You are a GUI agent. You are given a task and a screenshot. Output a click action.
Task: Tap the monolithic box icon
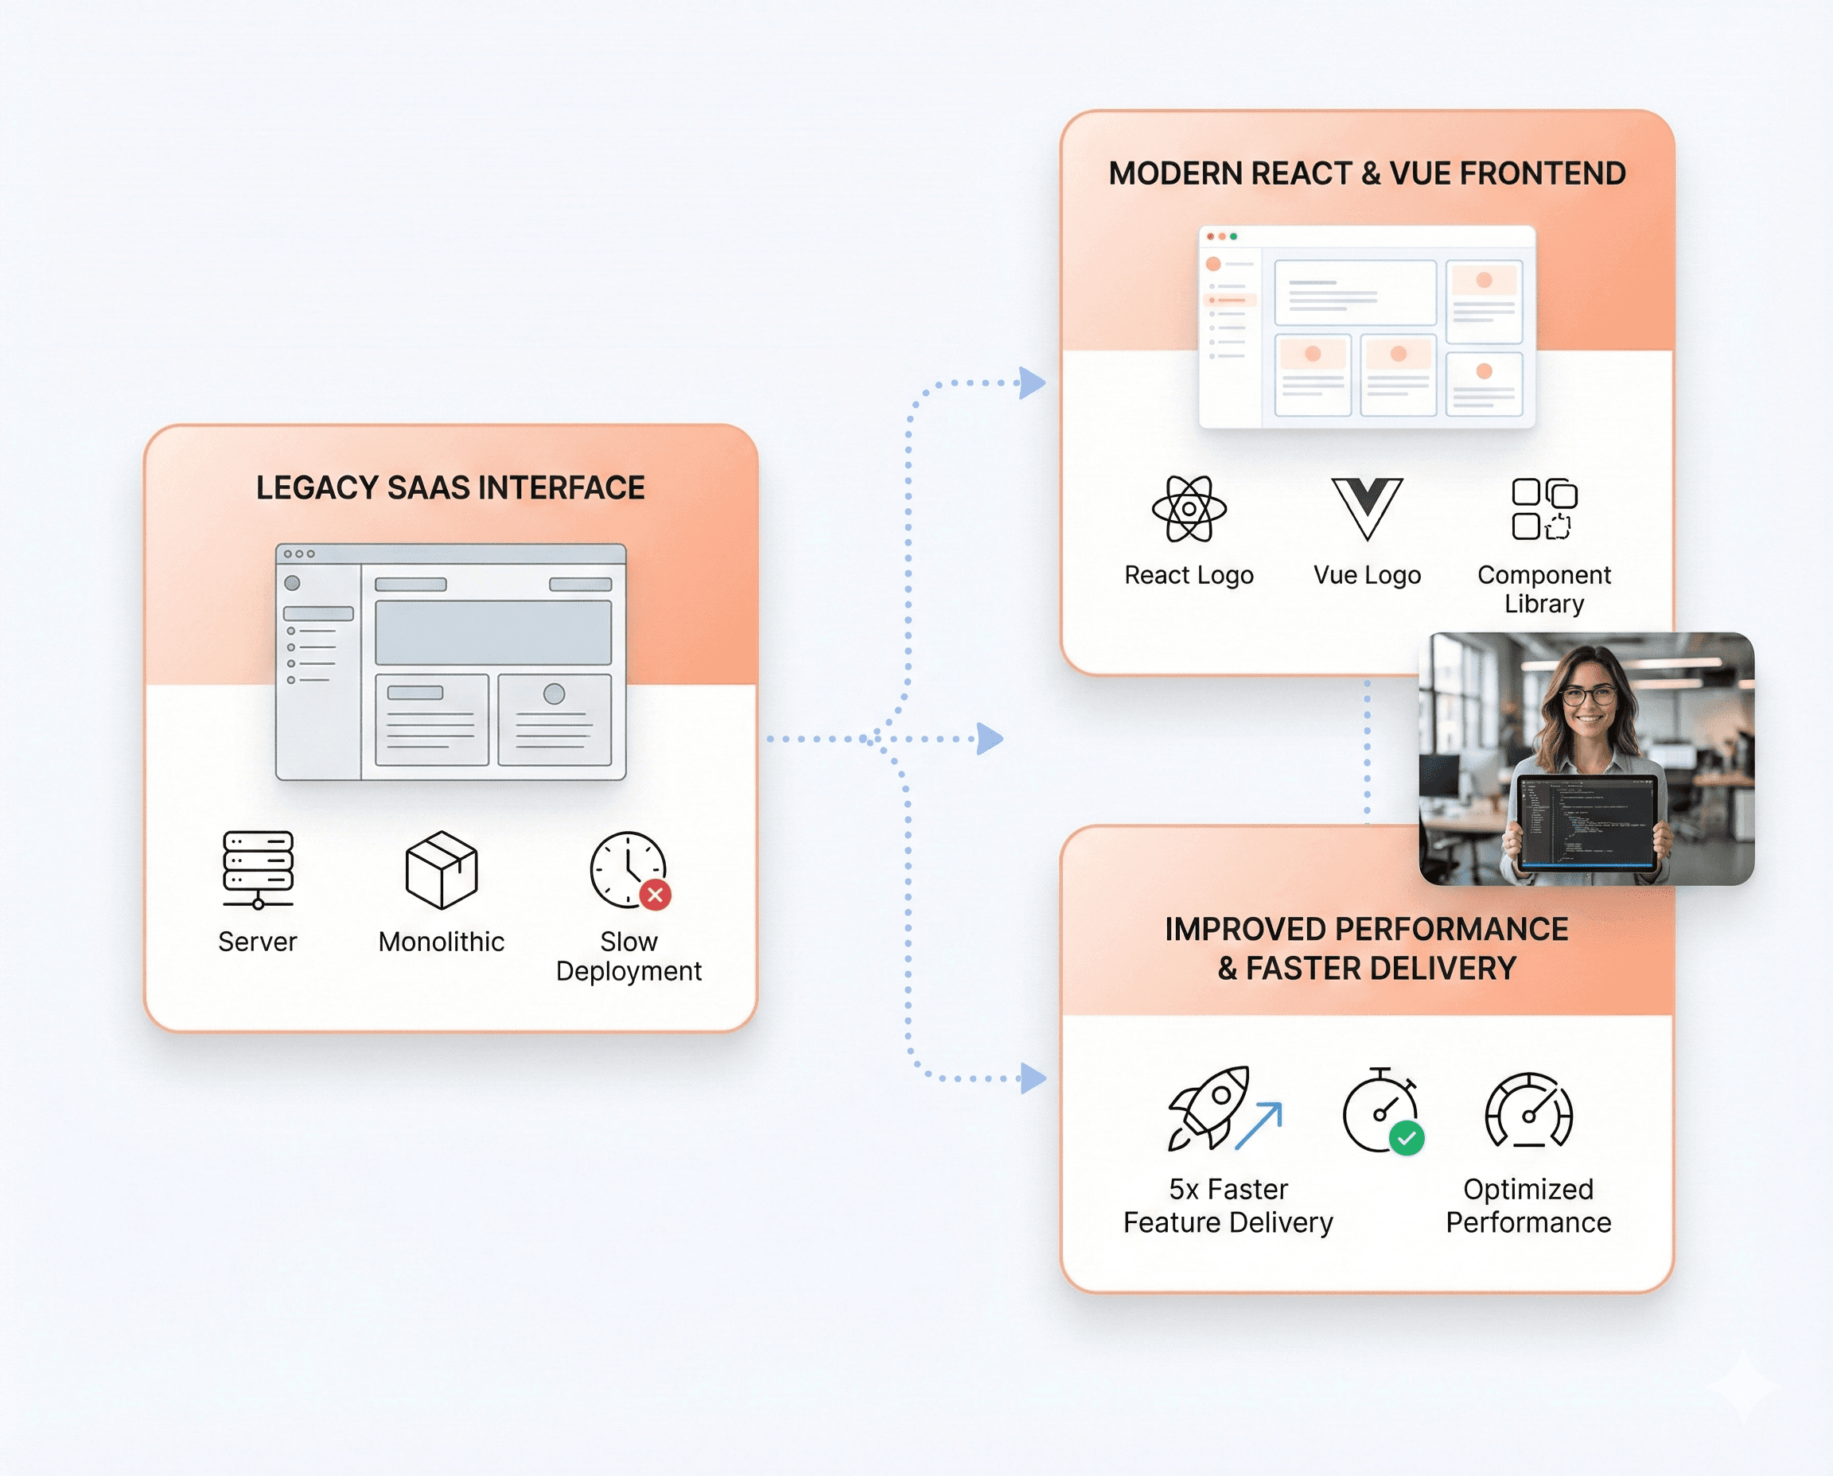(442, 870)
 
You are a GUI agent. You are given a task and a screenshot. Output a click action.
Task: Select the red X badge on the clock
(655, 895)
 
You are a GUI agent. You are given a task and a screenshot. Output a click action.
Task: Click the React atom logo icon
(1189, 508)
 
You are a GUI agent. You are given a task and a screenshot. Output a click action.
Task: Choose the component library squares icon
(1543, 508)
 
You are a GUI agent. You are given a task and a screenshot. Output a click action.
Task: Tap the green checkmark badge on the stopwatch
(1407, 1137)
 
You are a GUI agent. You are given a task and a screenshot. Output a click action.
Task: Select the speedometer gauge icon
(1528, 1109)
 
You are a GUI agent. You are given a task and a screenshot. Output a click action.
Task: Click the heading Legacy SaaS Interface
(450, 488)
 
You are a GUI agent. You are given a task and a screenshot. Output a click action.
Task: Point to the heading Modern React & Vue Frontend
(1367, 173)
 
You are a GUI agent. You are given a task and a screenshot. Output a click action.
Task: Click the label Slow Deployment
(629, 956)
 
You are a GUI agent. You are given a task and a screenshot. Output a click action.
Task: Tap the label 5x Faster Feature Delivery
(1228, 1205)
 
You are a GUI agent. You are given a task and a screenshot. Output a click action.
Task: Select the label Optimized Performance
(1528, 1205)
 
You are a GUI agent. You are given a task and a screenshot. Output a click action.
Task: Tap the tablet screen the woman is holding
(1587, 822)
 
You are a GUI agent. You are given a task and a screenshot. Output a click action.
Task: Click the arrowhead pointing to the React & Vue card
(1032, 383)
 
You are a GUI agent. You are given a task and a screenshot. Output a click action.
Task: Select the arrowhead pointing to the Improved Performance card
(1033, 1078)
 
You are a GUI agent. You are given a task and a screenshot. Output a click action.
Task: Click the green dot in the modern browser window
(1233, 236)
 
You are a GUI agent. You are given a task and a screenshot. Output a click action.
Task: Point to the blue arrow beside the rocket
(1259, 1126)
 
